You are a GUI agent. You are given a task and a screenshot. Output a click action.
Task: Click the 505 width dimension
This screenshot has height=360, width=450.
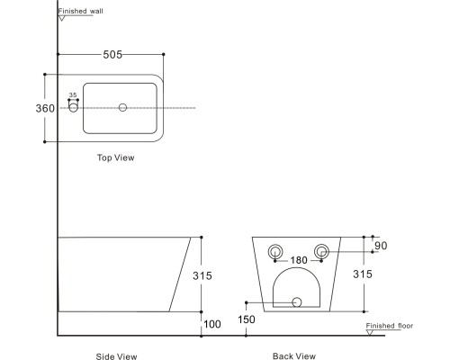(112, 55)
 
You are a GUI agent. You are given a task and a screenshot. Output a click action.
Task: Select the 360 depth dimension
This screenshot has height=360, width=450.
(45, 108)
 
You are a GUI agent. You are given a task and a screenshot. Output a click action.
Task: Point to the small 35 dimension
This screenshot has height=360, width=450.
(73, 94)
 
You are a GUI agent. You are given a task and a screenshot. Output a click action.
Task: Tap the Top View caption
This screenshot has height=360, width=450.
(115, 157)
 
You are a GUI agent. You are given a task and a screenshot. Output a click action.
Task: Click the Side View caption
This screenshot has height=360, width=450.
(116, 356)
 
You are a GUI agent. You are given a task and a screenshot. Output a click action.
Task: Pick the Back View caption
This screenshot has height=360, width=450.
(294, 356)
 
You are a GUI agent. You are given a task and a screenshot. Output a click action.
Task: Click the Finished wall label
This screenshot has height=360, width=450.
(80, 11)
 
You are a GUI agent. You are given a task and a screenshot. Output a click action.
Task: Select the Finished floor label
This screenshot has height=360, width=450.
(390, 326)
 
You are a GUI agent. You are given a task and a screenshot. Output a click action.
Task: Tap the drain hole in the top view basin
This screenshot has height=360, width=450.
(122, 107)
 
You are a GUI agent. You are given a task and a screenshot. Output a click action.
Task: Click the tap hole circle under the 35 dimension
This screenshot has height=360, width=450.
(73, 107)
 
